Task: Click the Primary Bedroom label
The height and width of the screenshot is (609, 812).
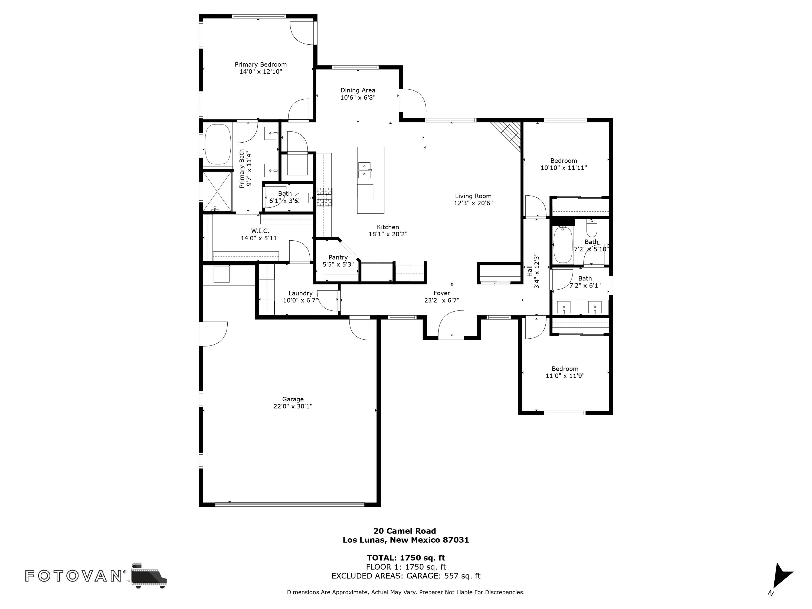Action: point(261,65)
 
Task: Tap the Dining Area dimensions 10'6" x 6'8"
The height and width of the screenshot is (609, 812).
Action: point(358,98)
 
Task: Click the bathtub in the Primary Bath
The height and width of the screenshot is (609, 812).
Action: point(218,144)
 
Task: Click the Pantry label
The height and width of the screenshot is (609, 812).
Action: point(338,257)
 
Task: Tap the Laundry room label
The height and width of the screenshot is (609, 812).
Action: point(300,293)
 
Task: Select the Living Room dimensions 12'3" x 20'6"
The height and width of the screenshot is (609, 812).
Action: point(473,203)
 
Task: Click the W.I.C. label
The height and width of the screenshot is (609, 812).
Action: point(260,231)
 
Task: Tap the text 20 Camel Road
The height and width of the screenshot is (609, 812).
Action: point(405,531)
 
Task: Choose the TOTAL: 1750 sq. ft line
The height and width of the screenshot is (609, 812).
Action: point(406,558)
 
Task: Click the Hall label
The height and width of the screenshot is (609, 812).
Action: point(530,271)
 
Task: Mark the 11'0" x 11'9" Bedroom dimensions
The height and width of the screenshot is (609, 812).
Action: point(565,376)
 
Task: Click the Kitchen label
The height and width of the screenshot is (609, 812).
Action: point(388,227)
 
